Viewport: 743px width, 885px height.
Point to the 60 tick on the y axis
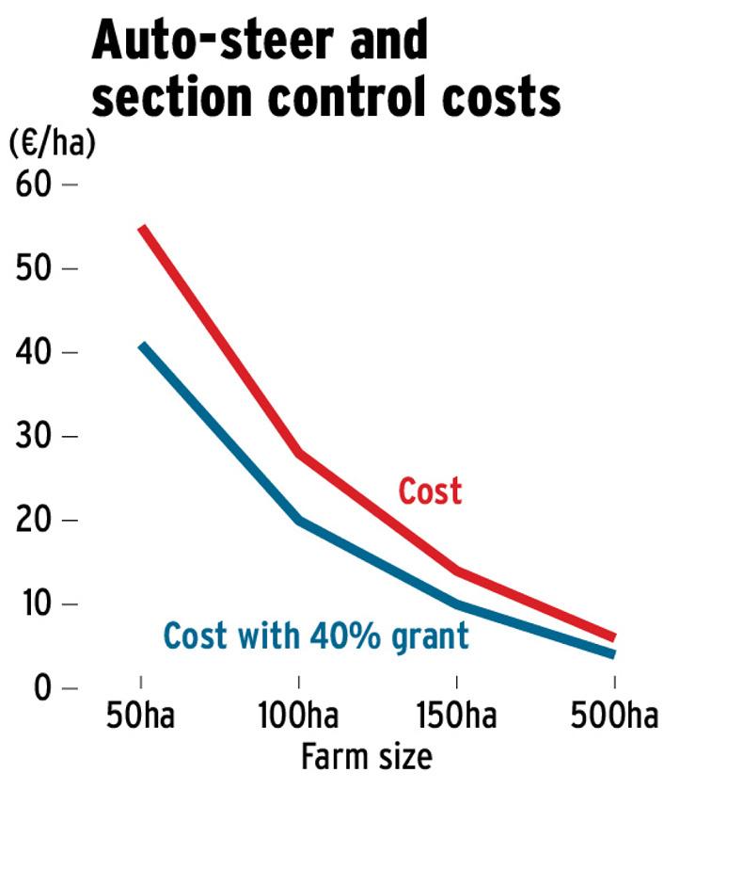click(x=33, y=184)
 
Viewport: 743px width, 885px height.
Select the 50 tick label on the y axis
click(x=33, y=268)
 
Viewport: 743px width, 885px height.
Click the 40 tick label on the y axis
click(x=33, y=352)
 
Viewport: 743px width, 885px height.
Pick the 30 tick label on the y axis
click(x=33, y=436)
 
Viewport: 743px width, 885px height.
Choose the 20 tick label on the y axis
click(x=33, y=520)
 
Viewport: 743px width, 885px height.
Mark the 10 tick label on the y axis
click(x=33, y=603)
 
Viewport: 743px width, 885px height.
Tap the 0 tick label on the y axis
click(x=41, y=687)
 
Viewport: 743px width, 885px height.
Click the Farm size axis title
click(x=366, y=756)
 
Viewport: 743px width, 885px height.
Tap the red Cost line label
click(x=430, y=491)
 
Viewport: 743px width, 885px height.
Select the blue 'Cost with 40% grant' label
click(x=315, y=636)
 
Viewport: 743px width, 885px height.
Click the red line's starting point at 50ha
click(x=141, y=228)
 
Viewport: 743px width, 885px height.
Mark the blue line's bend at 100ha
click(x=299, y=519)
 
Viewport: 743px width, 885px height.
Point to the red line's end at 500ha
click(x=613, y=637)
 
